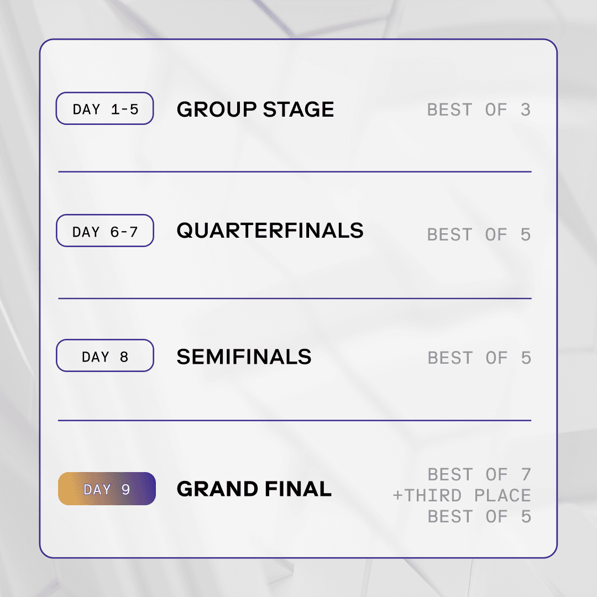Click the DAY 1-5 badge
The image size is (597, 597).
pos(104,108)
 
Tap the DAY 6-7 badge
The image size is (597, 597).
pos(104,231)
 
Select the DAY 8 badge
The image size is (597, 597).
pos(104,355)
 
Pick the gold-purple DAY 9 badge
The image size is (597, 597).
pos(107,489)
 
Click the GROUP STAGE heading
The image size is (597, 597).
pos(255,109)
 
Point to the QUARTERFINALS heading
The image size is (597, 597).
pos(270,231)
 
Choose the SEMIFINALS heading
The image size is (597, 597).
pos(244,357)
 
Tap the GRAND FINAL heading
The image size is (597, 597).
pos(254,489)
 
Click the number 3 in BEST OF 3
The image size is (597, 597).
pos(526,109)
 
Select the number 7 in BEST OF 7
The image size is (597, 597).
pos(526,474)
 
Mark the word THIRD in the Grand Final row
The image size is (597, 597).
pos(433,496)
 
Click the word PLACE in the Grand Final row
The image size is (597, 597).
pos(502,496)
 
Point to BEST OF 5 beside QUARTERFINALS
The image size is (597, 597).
pos(479,234)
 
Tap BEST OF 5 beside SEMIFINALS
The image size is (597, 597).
pos(479,358)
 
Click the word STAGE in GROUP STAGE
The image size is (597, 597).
pos(298,109)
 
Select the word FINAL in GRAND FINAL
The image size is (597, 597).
pos(298,489)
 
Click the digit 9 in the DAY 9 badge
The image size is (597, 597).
pos(125,489)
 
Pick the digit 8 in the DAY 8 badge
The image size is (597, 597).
pos(124,357)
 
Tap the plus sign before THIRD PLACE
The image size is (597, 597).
pos(397,496)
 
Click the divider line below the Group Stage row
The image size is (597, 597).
pos(295,172)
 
